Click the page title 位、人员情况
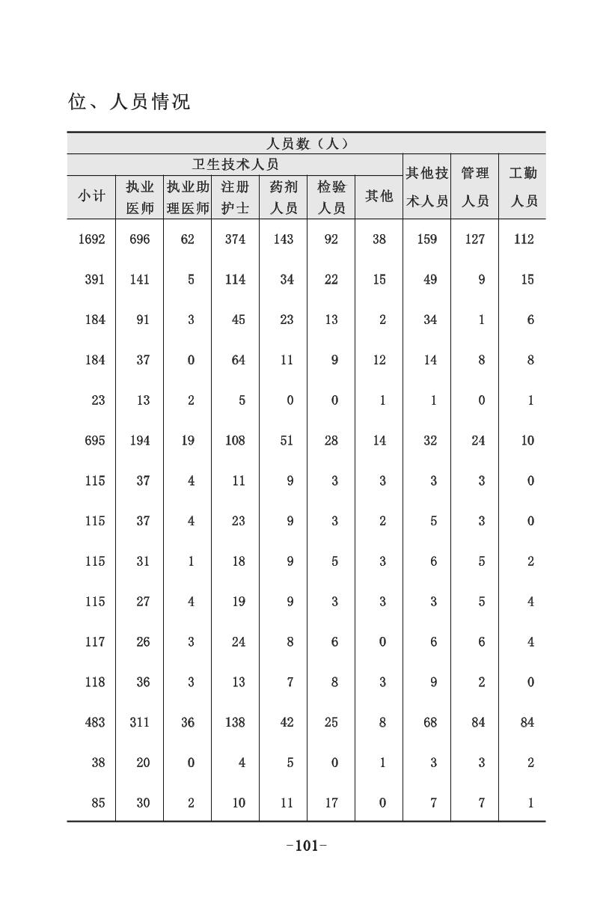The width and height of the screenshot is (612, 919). click(x=129, y=102)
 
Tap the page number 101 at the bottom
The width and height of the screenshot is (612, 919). click(x=307, y=846)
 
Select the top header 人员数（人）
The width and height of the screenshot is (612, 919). click(x=307, y=144)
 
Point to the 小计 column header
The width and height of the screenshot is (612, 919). click(x=91, y=196)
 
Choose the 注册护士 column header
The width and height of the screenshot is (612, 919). click(x=235, y=197)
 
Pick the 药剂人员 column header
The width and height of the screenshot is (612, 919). click(x=283, y=197)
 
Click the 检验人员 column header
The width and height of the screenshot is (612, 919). click(x=331, y=197)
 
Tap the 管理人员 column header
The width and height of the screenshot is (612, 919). click(x=474, y=186)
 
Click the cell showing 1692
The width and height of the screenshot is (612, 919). click(x=91, y=239)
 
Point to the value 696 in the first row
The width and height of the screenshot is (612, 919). click(x=139, y=239)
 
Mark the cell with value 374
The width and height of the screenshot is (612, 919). click(x=235, y=239)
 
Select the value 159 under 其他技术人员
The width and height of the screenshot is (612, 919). click(x=427, y=239)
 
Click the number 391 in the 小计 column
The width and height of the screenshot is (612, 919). click(x=94, y=280)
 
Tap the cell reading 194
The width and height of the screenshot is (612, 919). click(x=139, y=441)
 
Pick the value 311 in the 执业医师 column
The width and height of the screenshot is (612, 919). click(x=139, y=723)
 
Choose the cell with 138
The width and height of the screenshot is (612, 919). click(x=235, y=723)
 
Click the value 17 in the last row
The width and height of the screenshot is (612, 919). click(x=331, y=804)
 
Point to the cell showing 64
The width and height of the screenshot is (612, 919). click(x=238, y=361)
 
